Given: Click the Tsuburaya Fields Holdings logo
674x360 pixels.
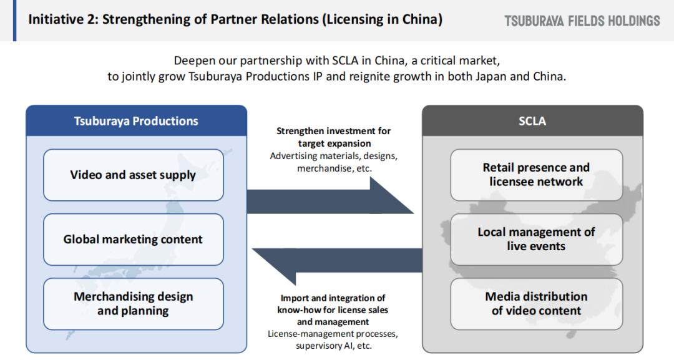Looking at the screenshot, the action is tap(582, 21).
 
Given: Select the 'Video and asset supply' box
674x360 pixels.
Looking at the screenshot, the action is tap(134, 175).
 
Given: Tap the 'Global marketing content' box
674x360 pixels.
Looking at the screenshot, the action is tap(134, 240).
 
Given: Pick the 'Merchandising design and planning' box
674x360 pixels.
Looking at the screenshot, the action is tap(134, 304).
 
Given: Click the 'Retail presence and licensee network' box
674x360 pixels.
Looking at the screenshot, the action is tap(536, 175).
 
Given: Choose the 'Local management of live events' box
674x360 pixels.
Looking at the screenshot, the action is tap(536, 240).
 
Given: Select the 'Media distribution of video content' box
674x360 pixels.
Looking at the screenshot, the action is tap(536, 304).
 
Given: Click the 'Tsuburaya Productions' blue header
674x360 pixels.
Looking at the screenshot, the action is tap(136, 120).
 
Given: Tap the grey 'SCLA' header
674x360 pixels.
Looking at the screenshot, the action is tap(532, 120).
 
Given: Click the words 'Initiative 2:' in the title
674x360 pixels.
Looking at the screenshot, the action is tap(63, 19).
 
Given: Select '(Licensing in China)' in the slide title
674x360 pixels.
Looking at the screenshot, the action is tap(382, 20).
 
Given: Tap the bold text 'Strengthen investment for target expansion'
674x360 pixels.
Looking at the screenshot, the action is tap(333, 137).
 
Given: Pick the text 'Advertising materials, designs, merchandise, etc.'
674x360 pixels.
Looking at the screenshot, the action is tap(333, 162).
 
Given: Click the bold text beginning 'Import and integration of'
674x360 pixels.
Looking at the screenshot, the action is tap(333, 309).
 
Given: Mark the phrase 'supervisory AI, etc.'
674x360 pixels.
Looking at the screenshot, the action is tap(333, 346).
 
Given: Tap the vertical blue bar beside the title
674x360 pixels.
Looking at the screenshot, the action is tap(15, 21).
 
